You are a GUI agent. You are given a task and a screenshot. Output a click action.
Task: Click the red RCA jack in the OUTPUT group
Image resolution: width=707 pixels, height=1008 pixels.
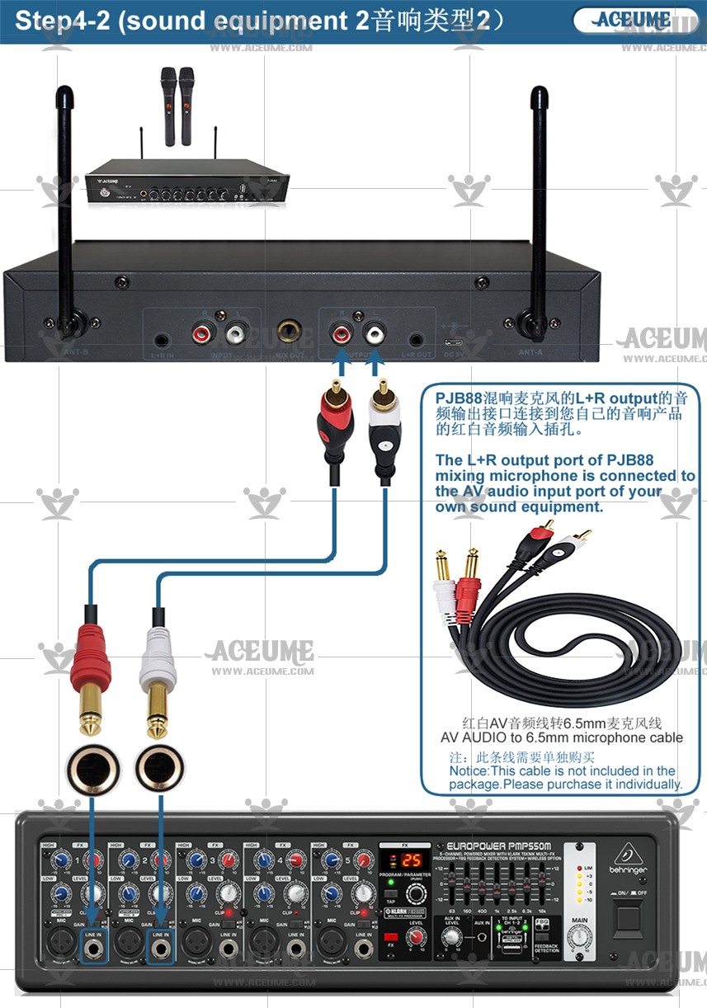pos(340,333)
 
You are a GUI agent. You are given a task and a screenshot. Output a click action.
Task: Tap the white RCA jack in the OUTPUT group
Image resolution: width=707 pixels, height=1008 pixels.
pos(375,333)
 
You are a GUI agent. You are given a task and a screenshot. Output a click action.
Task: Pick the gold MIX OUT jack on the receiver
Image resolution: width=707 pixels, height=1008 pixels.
pos(290,330)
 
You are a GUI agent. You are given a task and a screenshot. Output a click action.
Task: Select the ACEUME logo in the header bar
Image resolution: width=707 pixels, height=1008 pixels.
pos(633,20)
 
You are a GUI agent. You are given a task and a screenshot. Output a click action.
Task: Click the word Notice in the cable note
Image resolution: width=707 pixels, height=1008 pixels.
pos(469,770)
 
